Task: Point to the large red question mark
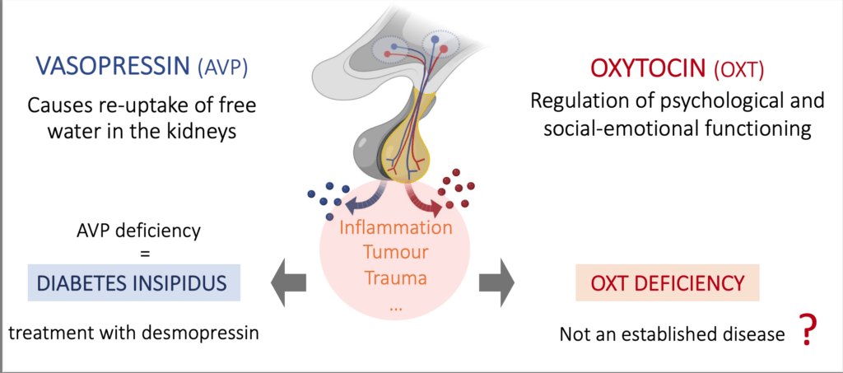click(x=808, y=331)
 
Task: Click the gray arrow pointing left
click(x=286, y=282)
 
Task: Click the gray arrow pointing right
click(x=496, y=282)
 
